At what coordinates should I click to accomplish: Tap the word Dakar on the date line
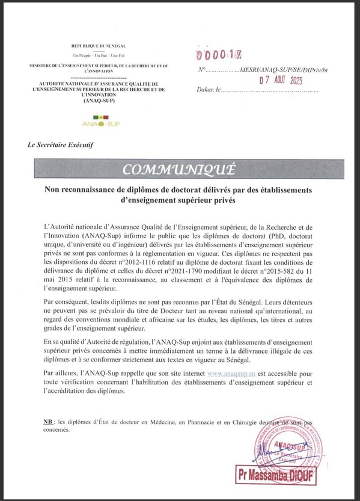click(x=206, y=91)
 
